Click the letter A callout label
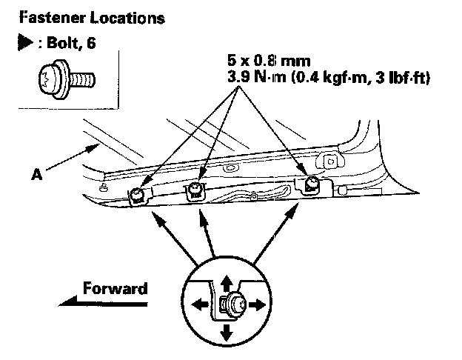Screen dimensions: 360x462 point(36,176)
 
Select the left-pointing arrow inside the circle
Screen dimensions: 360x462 point(197,304)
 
